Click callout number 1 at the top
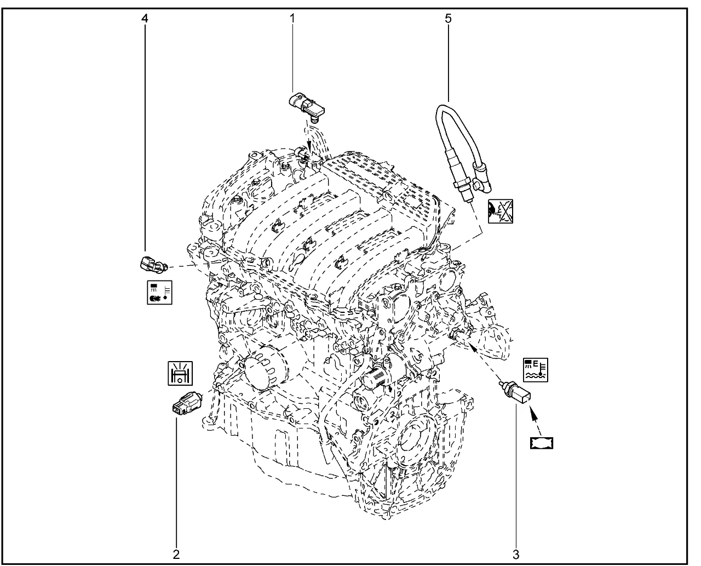(292, 18)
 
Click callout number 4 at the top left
(145, 18)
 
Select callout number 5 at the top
(449, 18)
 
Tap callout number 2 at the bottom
(176, 554)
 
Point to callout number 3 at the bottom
(515, 554)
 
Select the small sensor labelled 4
(151, 265)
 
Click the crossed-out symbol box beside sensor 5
(501, 211)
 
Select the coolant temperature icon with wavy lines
(535, 370)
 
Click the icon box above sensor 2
(180, 373)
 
